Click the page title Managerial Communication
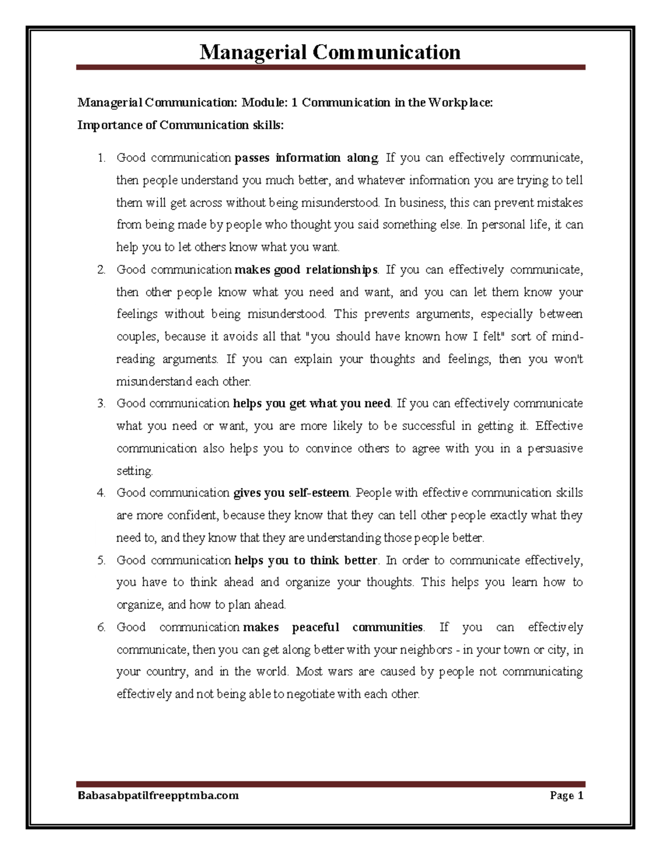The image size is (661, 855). click(x=330, y=52)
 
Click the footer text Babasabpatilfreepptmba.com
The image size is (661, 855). click(x=158, y=795)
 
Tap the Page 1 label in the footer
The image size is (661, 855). click(x=566, y=795)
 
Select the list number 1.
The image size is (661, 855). click(x=101, y=159)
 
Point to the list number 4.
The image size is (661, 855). click(x=101, y=493)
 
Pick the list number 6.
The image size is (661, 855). click(x=101, y=628)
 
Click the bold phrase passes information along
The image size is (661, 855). click(x=306, y=158)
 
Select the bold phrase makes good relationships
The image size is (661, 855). click(x=306, y=270)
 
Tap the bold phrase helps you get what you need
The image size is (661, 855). click(x=312, y=404)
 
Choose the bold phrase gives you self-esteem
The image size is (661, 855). click(x=291, y=493)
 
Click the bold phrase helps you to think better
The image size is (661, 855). click(x=306, y=560)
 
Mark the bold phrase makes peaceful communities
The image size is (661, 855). click(x=333, y=628)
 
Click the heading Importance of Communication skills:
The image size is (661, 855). click(x=181, y=125)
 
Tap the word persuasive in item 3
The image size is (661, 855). click(x=555, y=449)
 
